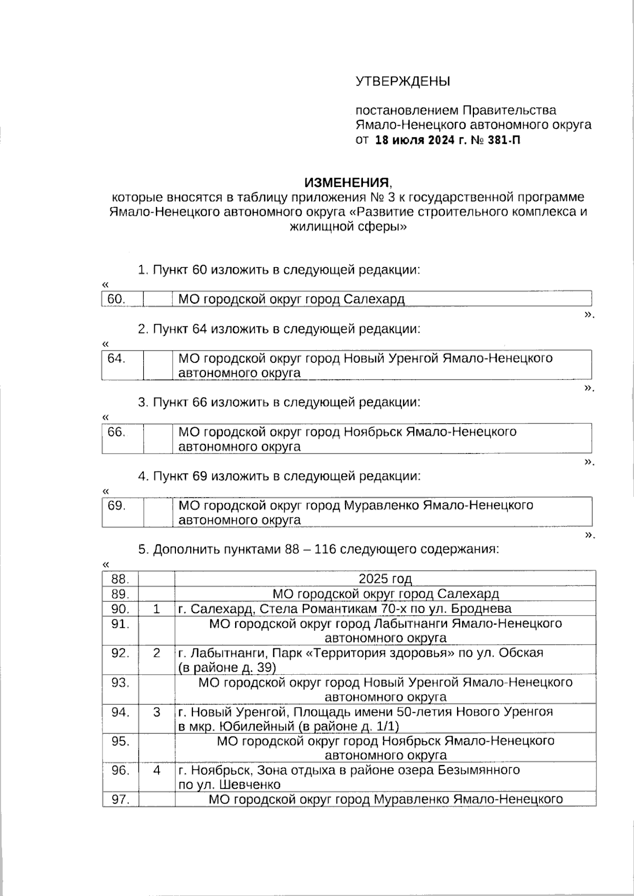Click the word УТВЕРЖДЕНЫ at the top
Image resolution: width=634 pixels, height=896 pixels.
pyautogui.click(x=403, y=82)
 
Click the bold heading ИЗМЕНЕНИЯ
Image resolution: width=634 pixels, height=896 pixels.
pyautogui.click(x=347, y=183)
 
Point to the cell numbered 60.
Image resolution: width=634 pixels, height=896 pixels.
pyautogui.click(x=116, y=299)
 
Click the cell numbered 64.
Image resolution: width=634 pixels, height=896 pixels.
pyautogui.click(x=116, y=359)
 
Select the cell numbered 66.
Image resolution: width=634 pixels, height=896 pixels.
pyautogui.click(x=116, y=432)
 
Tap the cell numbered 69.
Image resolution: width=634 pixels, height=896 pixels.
pyautogui.click(x=116, y=505)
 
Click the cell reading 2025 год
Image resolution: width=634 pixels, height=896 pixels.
pyautogui.click(x=385, y=579)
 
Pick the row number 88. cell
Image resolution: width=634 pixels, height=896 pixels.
pyautogui.click(x=120, y=579)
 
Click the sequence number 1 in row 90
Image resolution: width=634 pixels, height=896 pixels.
pyautogui.click(x=156, y=609)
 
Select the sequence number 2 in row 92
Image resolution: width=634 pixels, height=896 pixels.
pyautogui.click(x=156, y=653)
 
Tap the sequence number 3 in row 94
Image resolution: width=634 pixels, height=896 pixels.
pyautogui.click(x=156, y=712)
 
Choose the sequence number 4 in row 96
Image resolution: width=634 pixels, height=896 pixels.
pyautogui.click(x=156, y=770)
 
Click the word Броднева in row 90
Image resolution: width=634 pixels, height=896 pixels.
pyautogui.click(x=485, y=609)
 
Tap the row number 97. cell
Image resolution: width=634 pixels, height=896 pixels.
pyautogui.click(x=120, y=799)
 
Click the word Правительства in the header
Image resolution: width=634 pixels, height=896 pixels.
pyautogui.click(x=509, y=110)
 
